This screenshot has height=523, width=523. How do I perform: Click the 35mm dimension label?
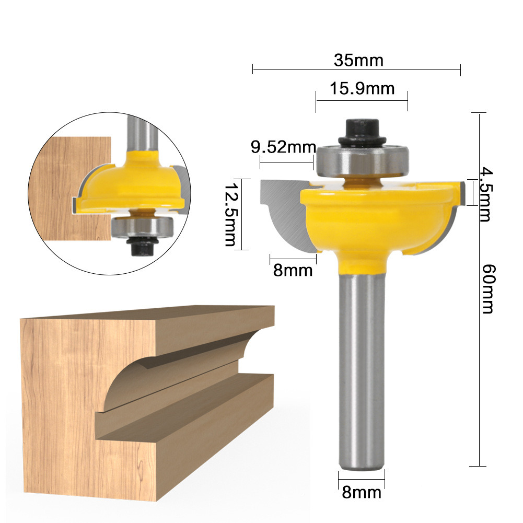point(358,61)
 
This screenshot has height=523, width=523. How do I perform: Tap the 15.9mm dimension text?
point(362,88)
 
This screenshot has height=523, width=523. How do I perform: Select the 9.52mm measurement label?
point(284,148)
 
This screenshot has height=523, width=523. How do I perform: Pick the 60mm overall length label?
point(486,288)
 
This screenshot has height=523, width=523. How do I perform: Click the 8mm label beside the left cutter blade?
point(293,270)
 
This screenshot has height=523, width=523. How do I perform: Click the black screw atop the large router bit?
point(362,130)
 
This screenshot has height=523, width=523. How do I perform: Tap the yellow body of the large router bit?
point(366,219)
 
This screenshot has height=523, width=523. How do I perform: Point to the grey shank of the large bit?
point(362,366)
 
